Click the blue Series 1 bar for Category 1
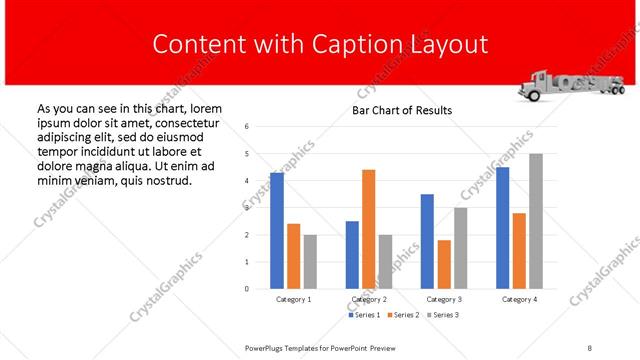pyautogui.click(x=277, y=231)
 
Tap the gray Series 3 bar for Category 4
pyautogui.click(x=536, y=221)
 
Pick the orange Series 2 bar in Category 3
pyautogui.click(x=444, y=264)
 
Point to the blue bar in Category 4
pyautogui.click(x=502, y=228)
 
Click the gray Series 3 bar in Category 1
pyautogui.click(x=311, y=262)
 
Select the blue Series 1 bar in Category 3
pyautogui.click(x=427, y=241)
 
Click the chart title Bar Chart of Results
pyautogui.click(x=402, y=110)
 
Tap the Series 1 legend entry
pyautogui.click(x=365, y=315)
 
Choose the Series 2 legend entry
pyautogui.click(x=403, y=315)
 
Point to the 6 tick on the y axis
pyautogui.click(x=247, y=127)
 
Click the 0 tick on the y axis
pyautogui.click(x=247, y=289)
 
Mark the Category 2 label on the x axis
pyautogui.click(x=369, y=299)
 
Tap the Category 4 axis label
pyautogui.click(x=519, y=299)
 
